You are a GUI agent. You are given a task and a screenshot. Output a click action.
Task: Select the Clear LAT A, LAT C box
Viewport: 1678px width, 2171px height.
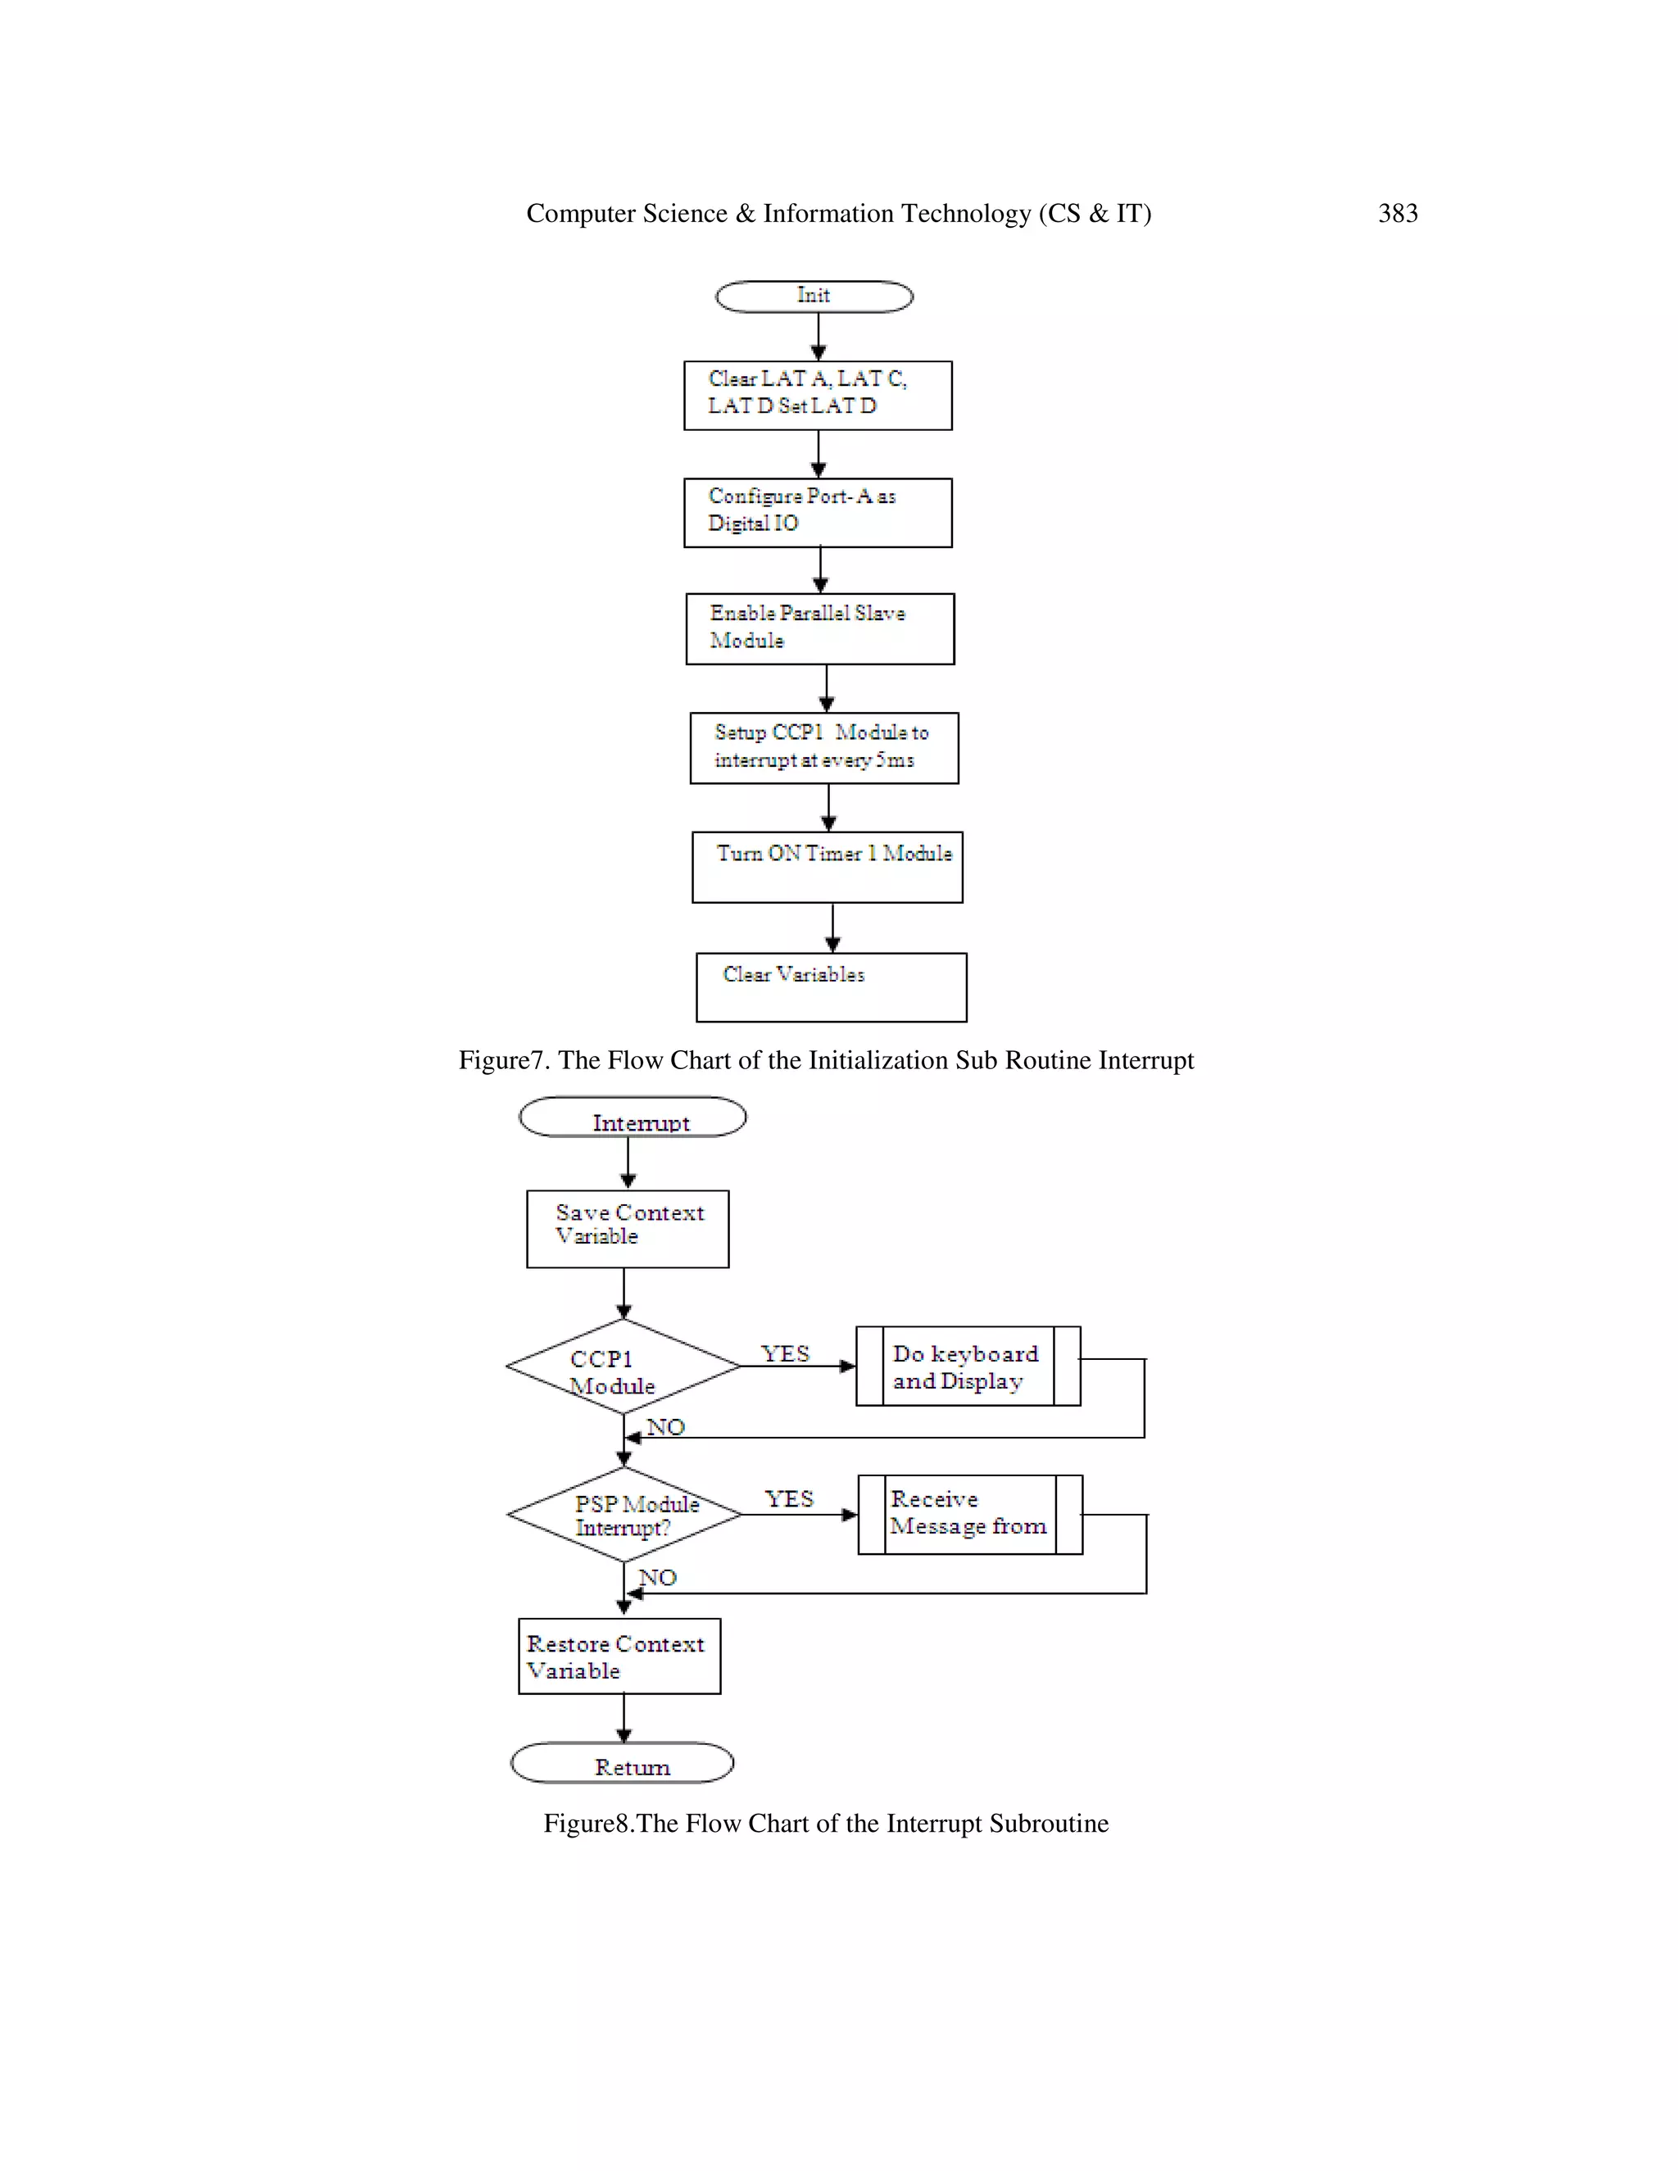click(817, 396)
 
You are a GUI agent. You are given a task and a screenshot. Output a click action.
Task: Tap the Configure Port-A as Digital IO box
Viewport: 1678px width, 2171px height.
click(817, 513)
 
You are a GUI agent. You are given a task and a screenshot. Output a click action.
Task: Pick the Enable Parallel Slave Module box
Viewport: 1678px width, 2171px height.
click(819, 629)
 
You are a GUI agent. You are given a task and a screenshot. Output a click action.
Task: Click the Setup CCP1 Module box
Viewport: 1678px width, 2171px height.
click(824, 747)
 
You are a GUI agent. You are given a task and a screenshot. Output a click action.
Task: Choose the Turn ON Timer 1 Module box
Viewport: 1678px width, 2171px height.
click(827, 867)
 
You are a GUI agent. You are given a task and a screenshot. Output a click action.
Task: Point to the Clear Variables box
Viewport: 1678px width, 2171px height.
click(831, 987)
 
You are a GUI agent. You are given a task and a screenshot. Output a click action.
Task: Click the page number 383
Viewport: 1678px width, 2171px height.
click(1397, 214)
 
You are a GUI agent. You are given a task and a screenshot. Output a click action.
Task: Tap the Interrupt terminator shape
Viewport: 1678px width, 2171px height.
click(633, 1117)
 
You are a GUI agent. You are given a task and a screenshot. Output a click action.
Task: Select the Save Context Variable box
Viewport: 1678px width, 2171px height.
click(628, 1229)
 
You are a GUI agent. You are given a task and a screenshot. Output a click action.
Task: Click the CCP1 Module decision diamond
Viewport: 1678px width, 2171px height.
click(623, 1367)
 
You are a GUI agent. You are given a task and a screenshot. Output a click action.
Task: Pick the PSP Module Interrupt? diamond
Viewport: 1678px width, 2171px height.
click(624, 1514)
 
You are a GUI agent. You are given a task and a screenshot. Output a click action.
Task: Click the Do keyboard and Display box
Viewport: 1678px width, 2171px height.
click(968, 1366)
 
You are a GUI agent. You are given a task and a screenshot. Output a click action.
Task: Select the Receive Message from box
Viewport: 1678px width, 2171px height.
click(969, 1514)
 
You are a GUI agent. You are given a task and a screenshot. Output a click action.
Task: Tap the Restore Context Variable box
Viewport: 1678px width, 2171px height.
click(619, 1656)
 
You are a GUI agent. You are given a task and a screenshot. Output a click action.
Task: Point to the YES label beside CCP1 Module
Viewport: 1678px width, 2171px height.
click(785, 1354)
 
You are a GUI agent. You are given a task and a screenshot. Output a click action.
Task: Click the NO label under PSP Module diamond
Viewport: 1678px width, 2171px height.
click(657, 1578)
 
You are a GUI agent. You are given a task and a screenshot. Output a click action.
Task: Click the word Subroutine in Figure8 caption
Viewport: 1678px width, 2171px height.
click(1049, 1824)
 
